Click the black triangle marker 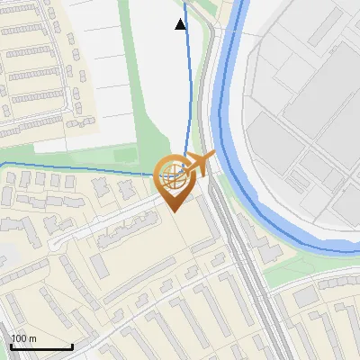pyautogui.click(x=181, y=24)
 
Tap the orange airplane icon pyautogui.click(x=197, y=165)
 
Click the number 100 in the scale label pyautogui.click(x=18, y=339)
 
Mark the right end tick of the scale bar pyautogui.click(x=72, y=346)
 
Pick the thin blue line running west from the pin pyautogui.click(x=72, y=167)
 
